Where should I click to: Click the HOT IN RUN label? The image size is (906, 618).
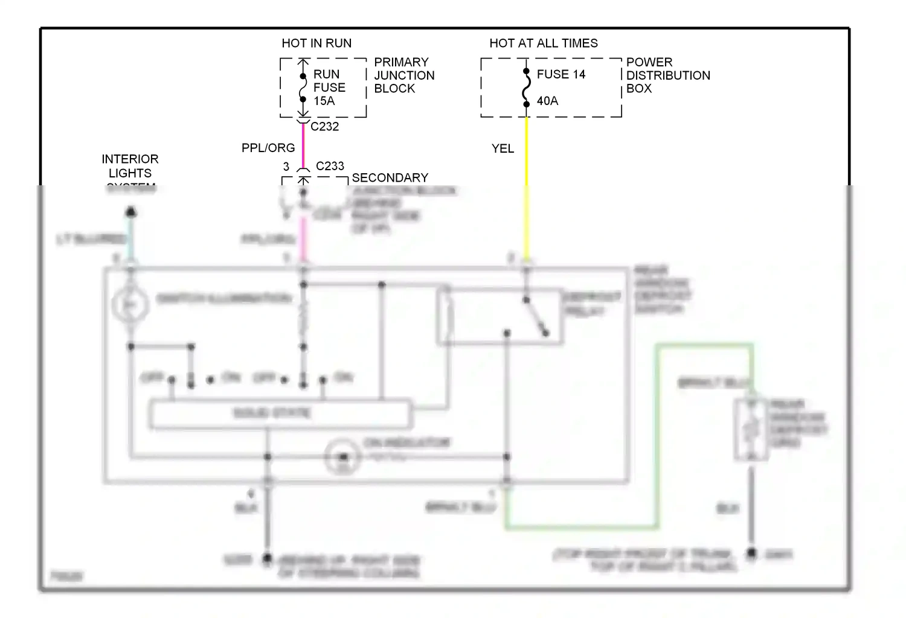point(316,43)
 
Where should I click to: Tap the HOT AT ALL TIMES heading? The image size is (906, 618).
point(543,43)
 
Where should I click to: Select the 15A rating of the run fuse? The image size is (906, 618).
point(324,101)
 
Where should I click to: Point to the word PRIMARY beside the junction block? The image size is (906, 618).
point(401,62)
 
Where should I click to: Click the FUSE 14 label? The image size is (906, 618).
point(561,74)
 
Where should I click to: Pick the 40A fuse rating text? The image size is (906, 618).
point(547,101)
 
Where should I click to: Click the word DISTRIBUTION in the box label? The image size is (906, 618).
point(668,75)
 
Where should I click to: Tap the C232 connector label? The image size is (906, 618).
point(324,127)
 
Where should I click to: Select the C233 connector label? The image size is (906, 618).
point(330,166)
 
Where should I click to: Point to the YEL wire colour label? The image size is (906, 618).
point(503,148)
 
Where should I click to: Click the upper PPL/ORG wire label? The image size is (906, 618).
point(268,148)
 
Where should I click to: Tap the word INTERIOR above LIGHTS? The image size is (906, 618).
point(130,159)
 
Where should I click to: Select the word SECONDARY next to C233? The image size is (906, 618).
point(390,178)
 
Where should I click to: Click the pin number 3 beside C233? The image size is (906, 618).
point(286,167)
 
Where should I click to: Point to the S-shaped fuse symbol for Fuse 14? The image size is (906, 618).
point(527,88)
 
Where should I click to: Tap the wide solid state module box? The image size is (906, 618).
point(280,414)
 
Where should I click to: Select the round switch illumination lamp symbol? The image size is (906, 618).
point(130,305)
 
